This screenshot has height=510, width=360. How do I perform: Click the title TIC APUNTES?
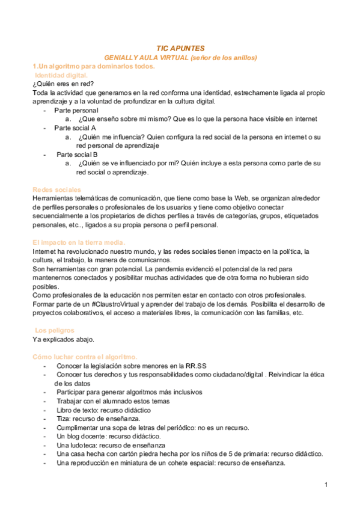tap(180, 48)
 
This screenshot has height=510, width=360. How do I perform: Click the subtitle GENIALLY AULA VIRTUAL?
tap(180, 57)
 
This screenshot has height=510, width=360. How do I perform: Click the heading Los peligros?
tap(55, 330)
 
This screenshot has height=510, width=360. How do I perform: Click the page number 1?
tap(325, 485)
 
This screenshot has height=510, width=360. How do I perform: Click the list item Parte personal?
tap(76, 111)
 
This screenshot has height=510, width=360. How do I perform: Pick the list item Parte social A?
tap(75, 128)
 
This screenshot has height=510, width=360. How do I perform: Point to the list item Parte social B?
tap(77, 154)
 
